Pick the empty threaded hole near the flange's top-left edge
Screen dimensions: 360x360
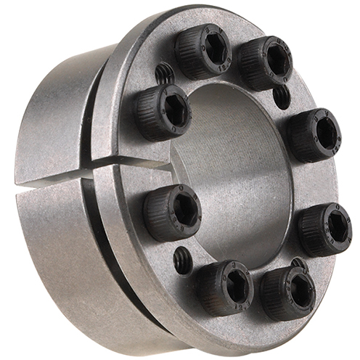[165, 72]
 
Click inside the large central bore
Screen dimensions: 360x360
[240, 174]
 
